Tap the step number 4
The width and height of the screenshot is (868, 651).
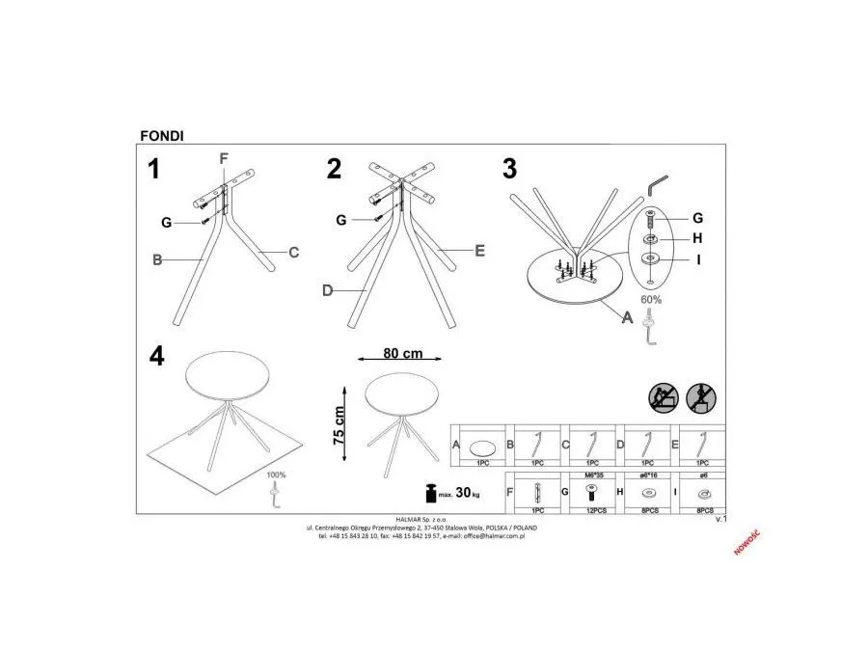pyautogui.click(x=154, y=355)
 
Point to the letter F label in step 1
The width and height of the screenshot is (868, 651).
pyautogui.click(x=224, y=158)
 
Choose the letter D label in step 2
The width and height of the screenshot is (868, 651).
pyautogui.click(x=327, y=289)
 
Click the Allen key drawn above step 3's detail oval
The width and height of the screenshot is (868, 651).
pyautogui.click(x=660, y=182)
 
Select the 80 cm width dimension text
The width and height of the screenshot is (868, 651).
pyautogui.click(x=403, y=354)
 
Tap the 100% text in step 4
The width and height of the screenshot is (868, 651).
pyautogui.click(x=276, y=475)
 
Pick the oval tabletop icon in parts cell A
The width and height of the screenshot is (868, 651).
pyautogui.click(x=483, y=446)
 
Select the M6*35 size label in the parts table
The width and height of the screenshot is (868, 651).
pyautogui.click(x=591, y=475)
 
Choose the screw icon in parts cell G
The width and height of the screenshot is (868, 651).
pyautogui.click(x=591, y=491)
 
